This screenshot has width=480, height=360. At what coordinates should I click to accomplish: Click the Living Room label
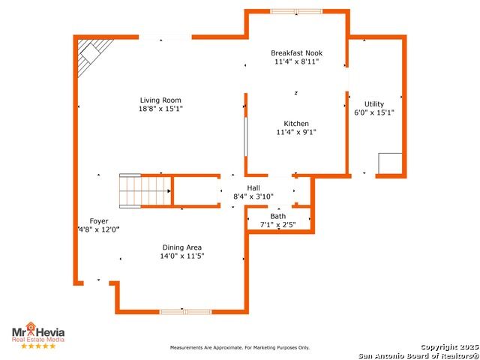coord(160,100)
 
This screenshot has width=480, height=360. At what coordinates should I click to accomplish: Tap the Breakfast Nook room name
coord(297,53)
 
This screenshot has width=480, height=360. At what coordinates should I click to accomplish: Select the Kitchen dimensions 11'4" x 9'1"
coord(296,132)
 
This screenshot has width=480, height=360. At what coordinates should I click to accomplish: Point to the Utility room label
coord(374,104)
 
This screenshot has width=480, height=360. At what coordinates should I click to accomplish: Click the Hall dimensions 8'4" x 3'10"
coord(253,196)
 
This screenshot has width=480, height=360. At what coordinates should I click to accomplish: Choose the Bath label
coord(278,217)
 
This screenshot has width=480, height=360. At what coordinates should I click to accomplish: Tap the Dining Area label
coord(181,247)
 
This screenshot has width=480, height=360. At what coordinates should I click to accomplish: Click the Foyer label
coord(99,221)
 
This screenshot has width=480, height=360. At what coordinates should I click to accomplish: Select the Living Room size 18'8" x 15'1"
coord(160,109)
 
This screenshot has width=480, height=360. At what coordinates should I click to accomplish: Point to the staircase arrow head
coord(169,191)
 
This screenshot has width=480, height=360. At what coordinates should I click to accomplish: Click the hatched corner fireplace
coord(93,57)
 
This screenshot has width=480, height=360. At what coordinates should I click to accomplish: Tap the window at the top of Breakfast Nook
coord(296,12)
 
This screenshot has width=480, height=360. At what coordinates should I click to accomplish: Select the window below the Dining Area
coord(185,312)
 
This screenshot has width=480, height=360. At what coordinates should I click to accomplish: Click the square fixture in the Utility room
coord(390,163)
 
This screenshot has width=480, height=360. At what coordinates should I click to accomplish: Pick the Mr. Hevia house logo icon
coord(31,326)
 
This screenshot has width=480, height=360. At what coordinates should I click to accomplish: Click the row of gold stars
coord(38,346)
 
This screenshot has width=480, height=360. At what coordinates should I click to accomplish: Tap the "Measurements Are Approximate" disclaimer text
coord(240,348)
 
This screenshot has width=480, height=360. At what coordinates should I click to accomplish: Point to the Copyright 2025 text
coord(450,347)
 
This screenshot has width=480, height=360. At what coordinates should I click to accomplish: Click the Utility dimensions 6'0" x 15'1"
coord(374,112)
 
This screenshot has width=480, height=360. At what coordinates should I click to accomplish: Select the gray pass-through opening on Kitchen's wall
coord(245,136)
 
